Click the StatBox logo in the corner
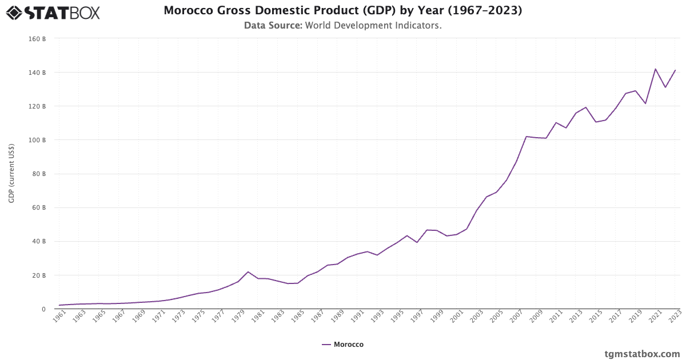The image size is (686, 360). [x=53, y=12]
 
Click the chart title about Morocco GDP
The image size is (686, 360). [x=342, y=10]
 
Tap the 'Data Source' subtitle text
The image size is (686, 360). [x=342, y=25]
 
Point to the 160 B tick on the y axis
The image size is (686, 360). [x=37, y=39]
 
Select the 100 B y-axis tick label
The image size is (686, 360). [x=37, y=140]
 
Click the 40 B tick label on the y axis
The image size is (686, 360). [x=38, y=242]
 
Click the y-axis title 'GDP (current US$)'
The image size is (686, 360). [x=11, y=174]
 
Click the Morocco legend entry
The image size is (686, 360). [x=342, y=345]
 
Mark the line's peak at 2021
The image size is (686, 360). [x=655, y=69]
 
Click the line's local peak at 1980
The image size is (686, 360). [x=248, y=271]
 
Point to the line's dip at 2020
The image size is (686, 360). [x=645, y=103]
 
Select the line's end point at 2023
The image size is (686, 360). [x=675, y=70]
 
